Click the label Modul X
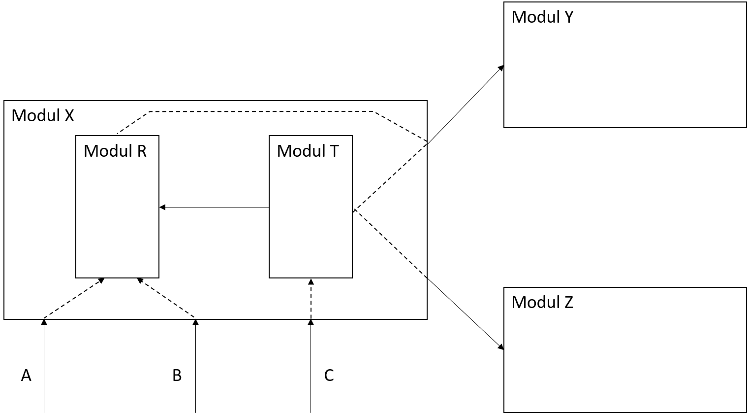[x=43, y=115]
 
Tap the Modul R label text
[x=115, y=151]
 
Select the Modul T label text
[x=308, y=151]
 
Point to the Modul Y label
[x=542, y=17]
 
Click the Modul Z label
[x=542, y=302]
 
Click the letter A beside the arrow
[x=26, y=375]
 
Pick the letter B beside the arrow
[x=177, y=375]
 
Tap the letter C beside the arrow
[x=329, y=375]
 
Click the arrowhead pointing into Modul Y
[x=501, y=68]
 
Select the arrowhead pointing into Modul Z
[x=501, y=347]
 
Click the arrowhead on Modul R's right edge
[x=162, y=207]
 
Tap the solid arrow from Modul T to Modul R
[x=214, y=207]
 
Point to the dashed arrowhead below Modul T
[x=311, y=281]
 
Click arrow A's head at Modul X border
[x=44, y=322]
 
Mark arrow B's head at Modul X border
[x=196, y=322]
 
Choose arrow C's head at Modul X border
[x=311, y=322]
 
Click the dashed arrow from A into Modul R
[x=74, y=298]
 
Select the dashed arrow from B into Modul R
[x=166, y=298]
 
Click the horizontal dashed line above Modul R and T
[x=262, y=111]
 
